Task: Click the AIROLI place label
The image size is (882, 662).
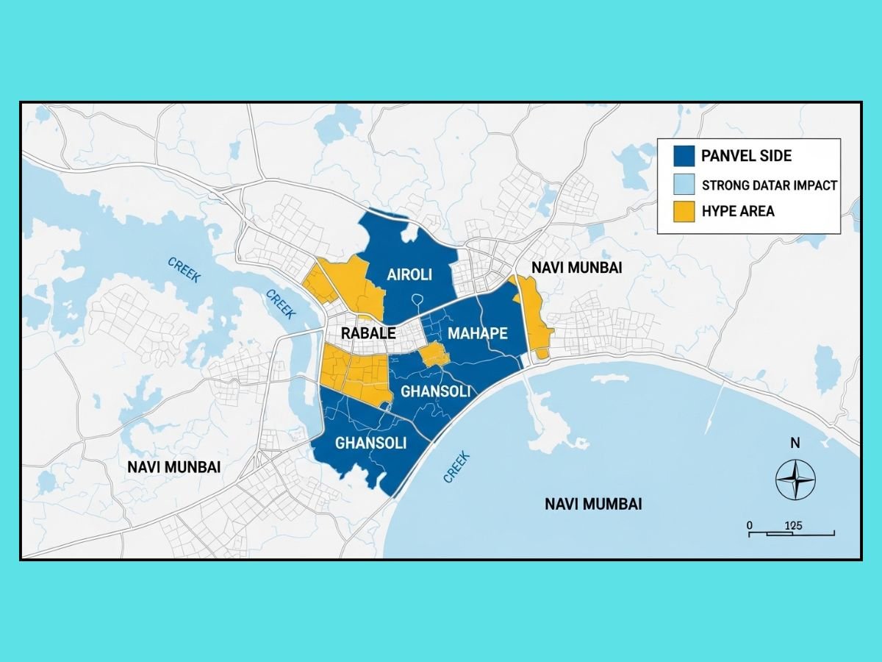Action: (409, 275)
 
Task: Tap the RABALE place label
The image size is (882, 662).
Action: (368, 333)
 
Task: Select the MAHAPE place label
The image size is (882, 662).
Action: (478, 333)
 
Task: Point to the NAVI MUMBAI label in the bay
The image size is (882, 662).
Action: (593, 504)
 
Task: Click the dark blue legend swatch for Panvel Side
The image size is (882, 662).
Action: (684, 156)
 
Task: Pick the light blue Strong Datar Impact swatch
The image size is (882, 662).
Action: (684, 184)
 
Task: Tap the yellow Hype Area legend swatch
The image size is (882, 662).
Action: (684, 211)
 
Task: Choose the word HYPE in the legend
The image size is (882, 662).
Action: (718, 211)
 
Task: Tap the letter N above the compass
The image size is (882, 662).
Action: (795, 444)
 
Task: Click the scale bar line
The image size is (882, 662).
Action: (791, 533)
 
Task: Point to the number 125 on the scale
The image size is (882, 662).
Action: (793, 525)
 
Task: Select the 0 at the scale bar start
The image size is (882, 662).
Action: (749, 525)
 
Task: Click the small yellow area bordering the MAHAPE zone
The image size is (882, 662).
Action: (434, 356)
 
